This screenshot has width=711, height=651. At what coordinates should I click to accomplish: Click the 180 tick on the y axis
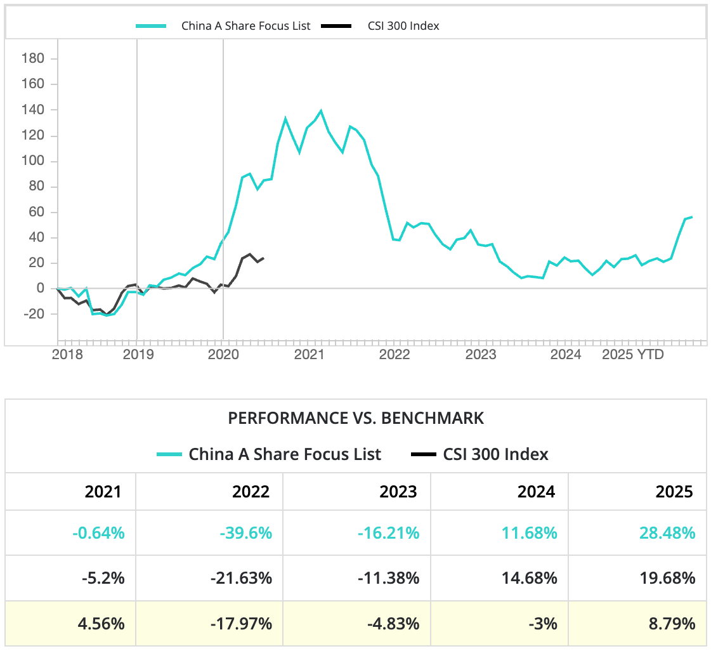tap(32, 59)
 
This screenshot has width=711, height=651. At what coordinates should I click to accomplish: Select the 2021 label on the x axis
tap(309, 355)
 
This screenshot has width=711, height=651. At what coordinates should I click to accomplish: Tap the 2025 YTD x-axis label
tap(632, 355)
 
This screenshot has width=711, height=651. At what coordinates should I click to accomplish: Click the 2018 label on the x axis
tap(67, 355)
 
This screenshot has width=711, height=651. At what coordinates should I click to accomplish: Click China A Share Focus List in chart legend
tap(245, 26)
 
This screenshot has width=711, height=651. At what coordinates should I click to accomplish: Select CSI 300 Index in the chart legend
tap(403, 26)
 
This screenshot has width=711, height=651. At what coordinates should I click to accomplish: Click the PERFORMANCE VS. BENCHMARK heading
tap(356, 418)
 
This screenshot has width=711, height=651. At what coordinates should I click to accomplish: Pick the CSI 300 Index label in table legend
tap(495, 454)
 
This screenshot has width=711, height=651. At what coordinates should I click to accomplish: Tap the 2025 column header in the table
tap(675, 492)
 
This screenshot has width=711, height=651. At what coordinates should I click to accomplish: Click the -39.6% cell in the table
tap(246, 533)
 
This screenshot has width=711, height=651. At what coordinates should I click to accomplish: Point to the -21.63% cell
tap(242, 579)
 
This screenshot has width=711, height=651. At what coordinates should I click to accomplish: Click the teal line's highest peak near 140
tap(321, 111)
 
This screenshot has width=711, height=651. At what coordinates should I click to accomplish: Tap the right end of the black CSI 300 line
tap(264, 258)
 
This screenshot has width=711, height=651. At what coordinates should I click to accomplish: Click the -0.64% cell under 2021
tap(98, 533)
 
